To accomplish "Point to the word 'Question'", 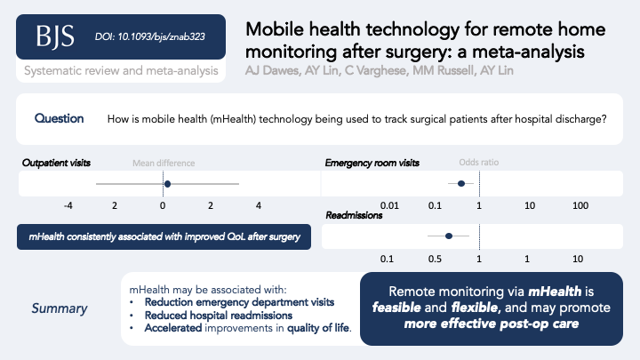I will pos(60,118).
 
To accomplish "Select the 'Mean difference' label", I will pos(164,164).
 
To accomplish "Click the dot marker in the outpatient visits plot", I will pos(167,184).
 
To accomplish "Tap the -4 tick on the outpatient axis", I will pos(68,206).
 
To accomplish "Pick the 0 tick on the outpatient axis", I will pos(162,206).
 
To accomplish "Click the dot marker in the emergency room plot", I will pos(460,184).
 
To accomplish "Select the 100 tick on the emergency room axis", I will pos(580,206).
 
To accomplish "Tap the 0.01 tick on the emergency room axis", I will pos(388,206).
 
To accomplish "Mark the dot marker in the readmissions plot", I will pos(448,236).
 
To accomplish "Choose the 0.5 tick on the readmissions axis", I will pos(436,259).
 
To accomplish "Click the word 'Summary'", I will pos(60,308).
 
